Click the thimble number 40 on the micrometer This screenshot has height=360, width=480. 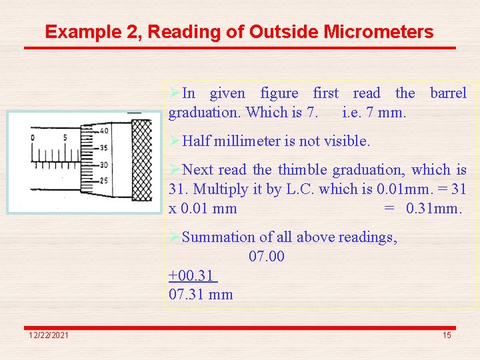click(x=104, y=131)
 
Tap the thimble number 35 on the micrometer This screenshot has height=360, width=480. click(x=104, y=148)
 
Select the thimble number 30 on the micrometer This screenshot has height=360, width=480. click(x=104, y=165)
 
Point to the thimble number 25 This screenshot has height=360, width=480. click(x=104, y=181)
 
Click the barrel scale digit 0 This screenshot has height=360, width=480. click(x=33, y=138)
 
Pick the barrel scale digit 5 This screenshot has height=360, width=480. click(x=65, y=138)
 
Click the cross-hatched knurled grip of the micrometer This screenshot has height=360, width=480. click(x=141, y=160)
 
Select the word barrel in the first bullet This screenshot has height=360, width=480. click(x=448, y=93)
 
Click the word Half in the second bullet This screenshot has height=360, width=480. click(x=197, y=141)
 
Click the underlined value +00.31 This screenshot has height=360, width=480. click(x=193, y=275)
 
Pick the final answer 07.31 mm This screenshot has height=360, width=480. click(x=201, y=294)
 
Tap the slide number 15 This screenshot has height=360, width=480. click(x=447, y=335)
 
